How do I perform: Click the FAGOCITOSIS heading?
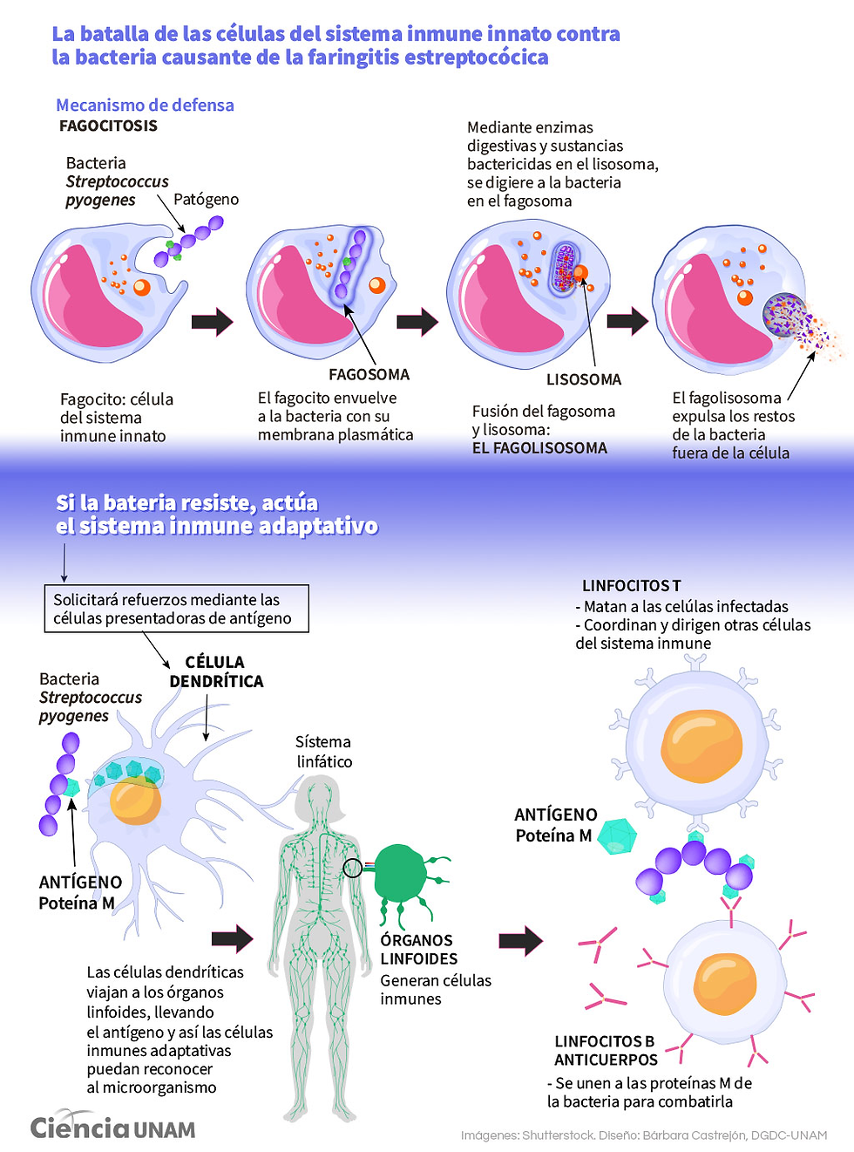click(x=108, y=126)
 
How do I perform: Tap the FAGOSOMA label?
click(x=369, y=374)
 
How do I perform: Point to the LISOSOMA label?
click(x=584, y=379)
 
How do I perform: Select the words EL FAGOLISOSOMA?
click(x=539, y=448)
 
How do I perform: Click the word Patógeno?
click(x=206, y=199)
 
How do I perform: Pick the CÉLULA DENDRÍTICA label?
click(x=216, y=671)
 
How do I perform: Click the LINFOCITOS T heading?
click(x=632, y=586)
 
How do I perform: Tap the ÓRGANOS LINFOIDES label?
click(x=418, y=950)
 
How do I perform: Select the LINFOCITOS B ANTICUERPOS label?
click(x=606, y=1051)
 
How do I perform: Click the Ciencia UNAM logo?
click(x=112, y=1127)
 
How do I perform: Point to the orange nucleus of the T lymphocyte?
click(x=701, y=746)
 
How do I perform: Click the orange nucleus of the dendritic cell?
click(x=136, y=801)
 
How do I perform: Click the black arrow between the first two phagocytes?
click(x=213, y=322)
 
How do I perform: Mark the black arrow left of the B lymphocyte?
click(x=521, y=940)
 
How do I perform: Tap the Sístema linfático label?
click(x=323, y=752)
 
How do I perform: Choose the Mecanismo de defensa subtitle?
click(x=145, y=106)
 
